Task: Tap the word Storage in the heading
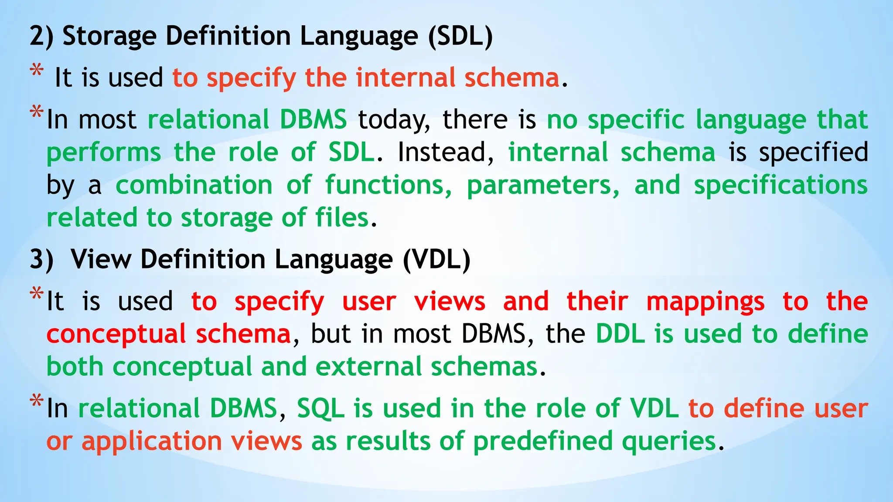[x=109, y=36]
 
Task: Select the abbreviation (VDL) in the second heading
[x=436, y=260]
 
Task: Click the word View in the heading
[x=101, y=260]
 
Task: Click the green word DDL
[x=620, y=334]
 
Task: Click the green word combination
[x=194, y=185]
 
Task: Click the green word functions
[x=389, y=185]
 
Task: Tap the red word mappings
[x=705, y=302]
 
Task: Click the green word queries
[x=669, y=441]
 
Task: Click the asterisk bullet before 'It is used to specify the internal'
[x=37, y=71]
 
